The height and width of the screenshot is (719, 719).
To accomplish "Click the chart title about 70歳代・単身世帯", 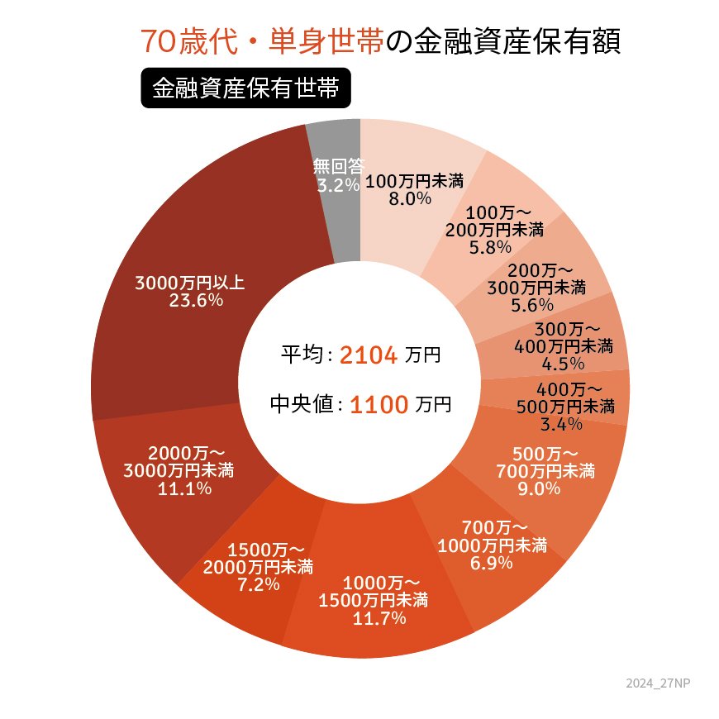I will click(x=379, y=42).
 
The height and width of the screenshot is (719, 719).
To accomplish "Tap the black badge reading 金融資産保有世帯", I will click(x=246, y=88).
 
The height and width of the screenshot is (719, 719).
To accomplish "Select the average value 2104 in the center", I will click(x=369, y=355).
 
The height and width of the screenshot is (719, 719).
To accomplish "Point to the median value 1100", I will click(x=379, y=405).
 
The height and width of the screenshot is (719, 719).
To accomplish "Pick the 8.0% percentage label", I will click(x=411, y=198).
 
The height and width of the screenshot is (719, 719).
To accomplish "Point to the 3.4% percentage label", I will click(x=562, y=425).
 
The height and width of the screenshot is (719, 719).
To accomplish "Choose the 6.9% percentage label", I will click(x=491, y=563).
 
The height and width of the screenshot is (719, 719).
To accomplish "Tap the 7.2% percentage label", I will click(x=257, y=584).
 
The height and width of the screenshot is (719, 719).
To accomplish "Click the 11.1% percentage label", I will click(x=184, y=488).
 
